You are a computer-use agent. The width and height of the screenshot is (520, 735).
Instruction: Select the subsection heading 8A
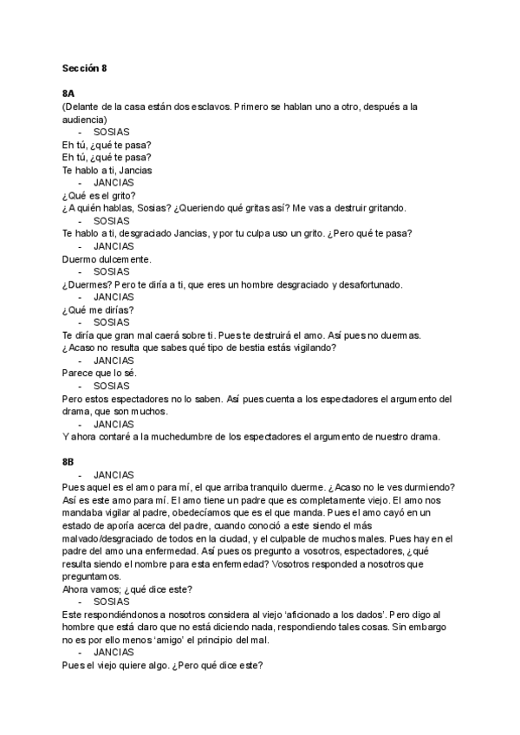pyautogui.click(x=69, y=94)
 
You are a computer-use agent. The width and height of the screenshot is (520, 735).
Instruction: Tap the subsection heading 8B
pyautogui.click(x=69, y=462)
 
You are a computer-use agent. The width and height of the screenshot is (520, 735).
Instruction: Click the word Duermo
pyautogui.click(x=81, y=258)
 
